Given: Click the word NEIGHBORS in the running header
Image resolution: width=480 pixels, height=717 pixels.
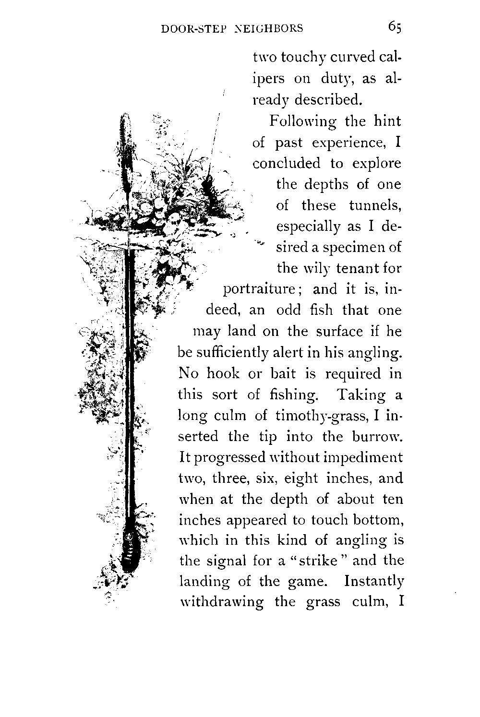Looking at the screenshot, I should [268, 28].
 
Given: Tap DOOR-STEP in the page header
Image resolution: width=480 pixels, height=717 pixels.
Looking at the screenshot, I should [189, 28].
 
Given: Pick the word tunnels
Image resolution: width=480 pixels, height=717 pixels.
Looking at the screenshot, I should [375, 205].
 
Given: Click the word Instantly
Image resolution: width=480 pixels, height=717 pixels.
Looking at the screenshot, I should [374, 582].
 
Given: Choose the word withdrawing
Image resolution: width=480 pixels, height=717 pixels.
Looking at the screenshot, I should [221, 602].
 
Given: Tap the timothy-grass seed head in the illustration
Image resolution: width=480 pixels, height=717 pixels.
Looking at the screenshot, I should [124, 139].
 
